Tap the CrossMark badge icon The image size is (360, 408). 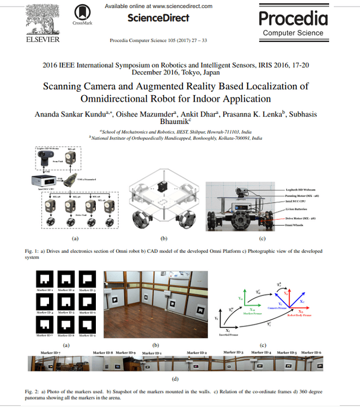point(82,13)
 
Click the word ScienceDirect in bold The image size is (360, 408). point(158,18)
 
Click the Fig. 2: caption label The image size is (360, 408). point(33,391)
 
